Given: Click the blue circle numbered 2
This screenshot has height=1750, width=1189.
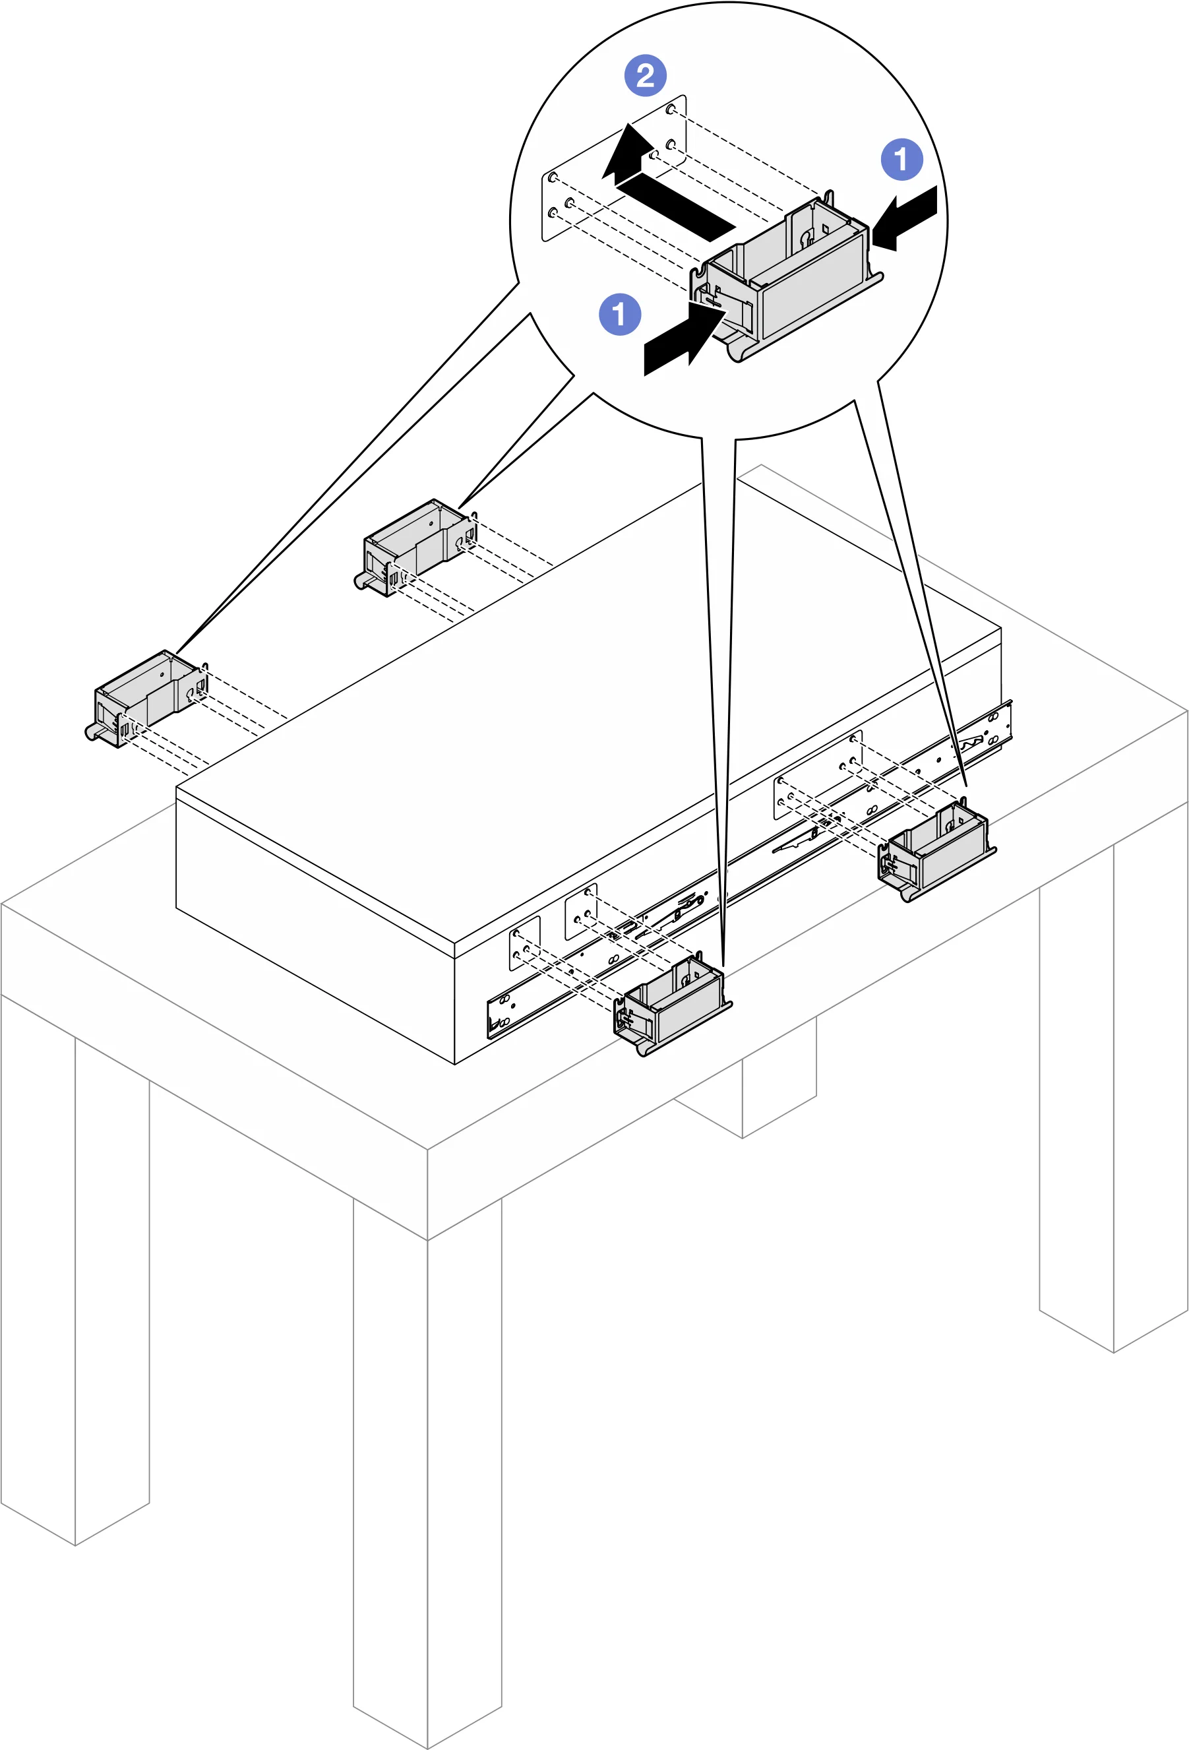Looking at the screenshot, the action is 646,75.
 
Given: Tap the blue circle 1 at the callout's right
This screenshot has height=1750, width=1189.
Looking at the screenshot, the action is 901,159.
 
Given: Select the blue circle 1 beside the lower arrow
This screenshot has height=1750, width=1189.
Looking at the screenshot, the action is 620,314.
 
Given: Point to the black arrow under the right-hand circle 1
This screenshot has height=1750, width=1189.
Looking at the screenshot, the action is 905,218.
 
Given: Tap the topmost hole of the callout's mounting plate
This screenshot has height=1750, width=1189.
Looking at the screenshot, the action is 671,110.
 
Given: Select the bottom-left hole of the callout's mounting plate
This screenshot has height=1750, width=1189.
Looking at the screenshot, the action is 553,213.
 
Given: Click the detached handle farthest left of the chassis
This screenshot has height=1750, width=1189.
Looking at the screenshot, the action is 146,698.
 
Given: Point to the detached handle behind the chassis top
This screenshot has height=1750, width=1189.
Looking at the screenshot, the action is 415,547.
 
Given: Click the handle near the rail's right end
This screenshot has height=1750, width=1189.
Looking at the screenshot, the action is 936,850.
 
